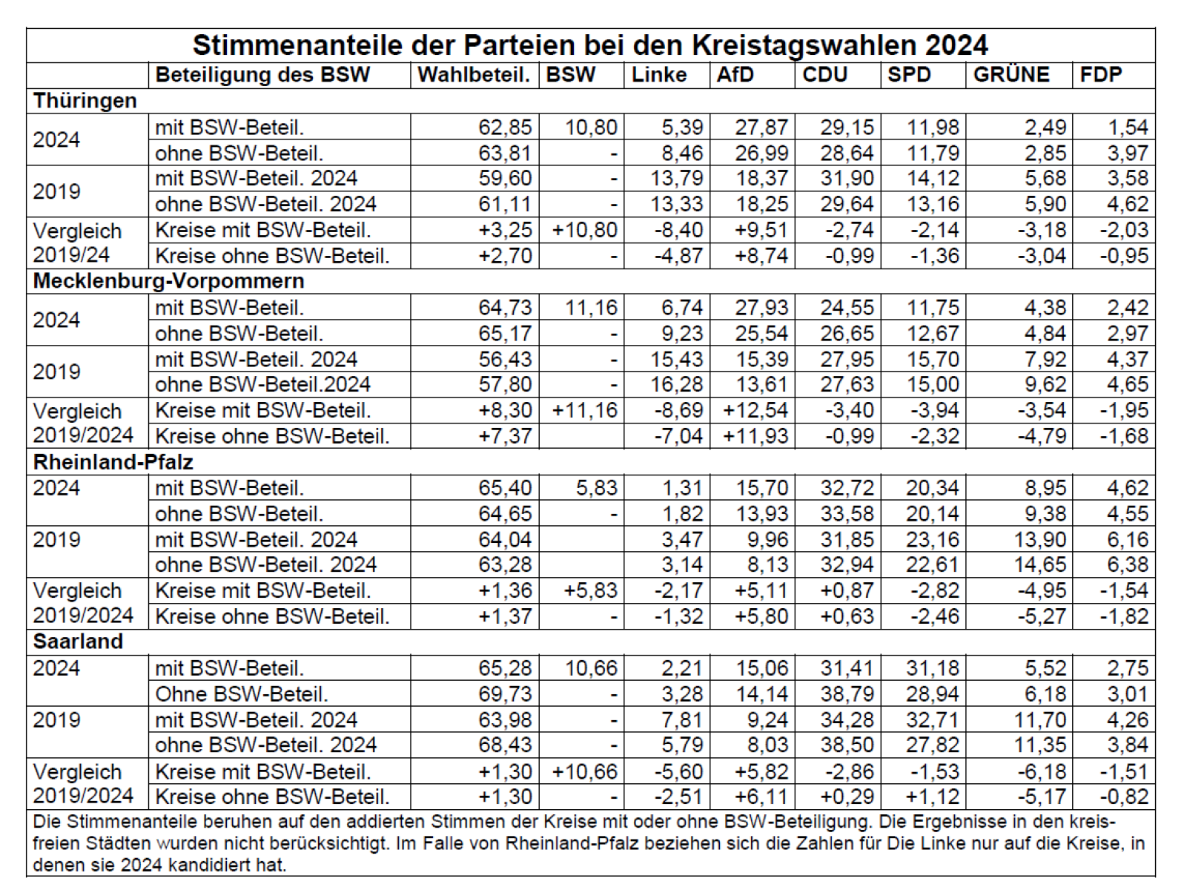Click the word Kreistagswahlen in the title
[805, 44]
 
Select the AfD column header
[735, 74]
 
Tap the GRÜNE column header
[1011, 74]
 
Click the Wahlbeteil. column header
[474, 74]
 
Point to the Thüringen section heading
[85, 101]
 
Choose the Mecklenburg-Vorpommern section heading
[169, 281]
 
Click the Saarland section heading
[78, 642]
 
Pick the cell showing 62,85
[505, 128]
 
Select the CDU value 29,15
[847, 128]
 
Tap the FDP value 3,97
[1128, 154]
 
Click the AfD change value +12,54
[755, 410]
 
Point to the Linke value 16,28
[676, 385]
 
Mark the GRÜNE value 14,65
[1040, 564]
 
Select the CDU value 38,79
[847, 693]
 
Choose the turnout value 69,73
[505, 693]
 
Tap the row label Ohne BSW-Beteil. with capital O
[242, 694]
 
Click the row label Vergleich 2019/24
[78, 243]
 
